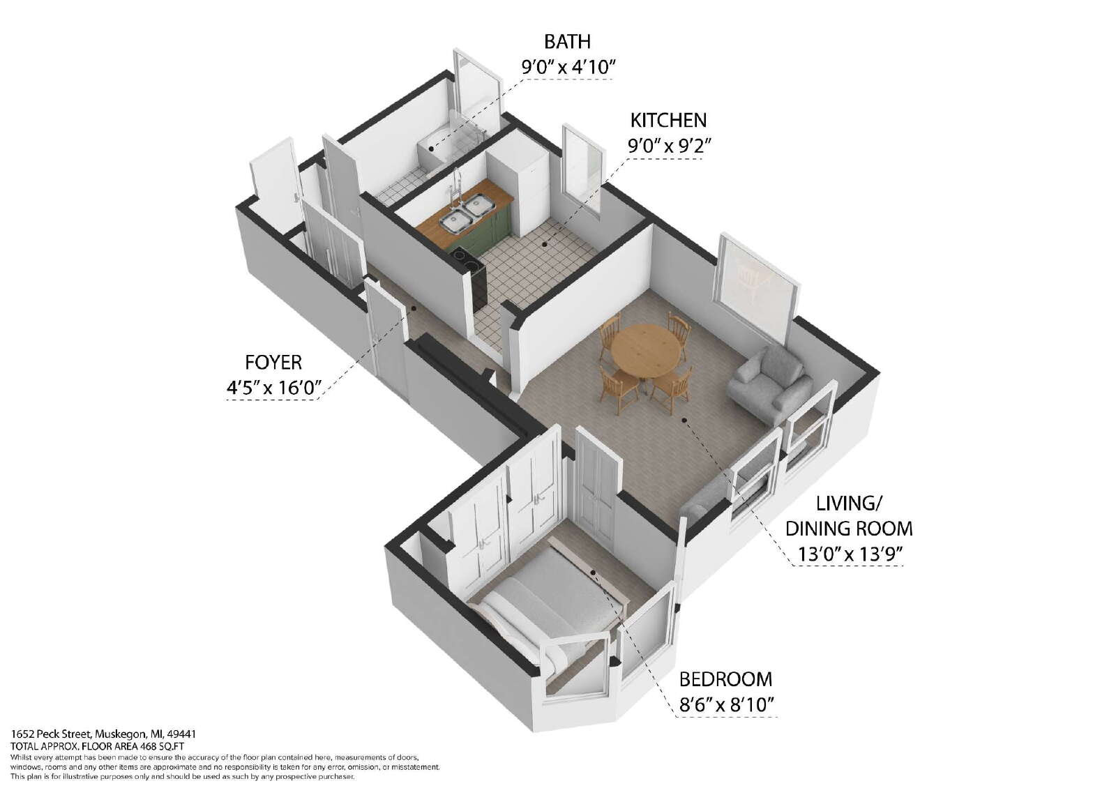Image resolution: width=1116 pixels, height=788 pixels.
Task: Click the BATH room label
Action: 567,42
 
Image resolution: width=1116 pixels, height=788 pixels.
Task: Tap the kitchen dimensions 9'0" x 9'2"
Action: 669,146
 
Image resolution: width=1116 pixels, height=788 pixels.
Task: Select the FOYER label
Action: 273,363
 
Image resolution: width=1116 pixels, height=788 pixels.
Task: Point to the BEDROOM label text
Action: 725,679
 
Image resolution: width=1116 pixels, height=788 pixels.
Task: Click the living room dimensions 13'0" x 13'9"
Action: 850,554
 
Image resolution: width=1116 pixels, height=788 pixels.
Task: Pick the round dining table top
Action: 646,350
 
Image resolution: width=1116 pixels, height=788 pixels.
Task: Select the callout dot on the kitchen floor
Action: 545,245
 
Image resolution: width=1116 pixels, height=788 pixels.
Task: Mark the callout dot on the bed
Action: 593,573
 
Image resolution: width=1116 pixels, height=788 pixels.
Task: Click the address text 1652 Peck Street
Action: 51,734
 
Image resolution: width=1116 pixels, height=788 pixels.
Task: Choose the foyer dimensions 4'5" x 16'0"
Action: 273,388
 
